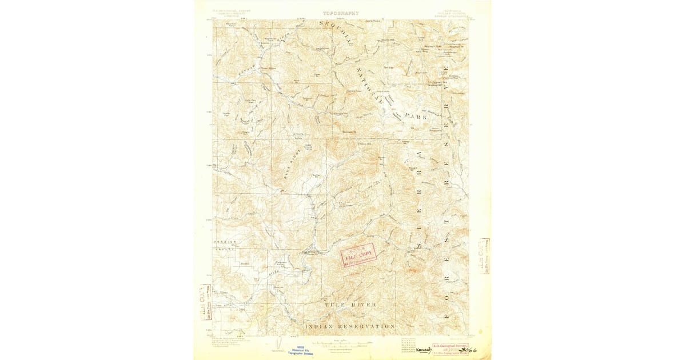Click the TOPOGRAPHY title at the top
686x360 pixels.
click(341, 13)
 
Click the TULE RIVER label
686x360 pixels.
click(350, 305)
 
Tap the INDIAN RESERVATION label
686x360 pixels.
click(350, 326)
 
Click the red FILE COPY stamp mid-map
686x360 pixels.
click(359, 254)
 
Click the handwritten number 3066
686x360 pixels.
click(466, 349)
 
